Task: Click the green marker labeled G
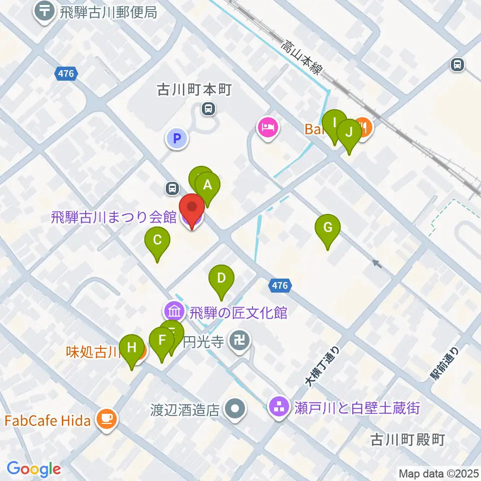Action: (x=328, y=228)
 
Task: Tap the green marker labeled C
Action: (x=157, y=240)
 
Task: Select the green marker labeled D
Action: (x=221, y=278)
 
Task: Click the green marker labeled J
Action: (x=349, y=133)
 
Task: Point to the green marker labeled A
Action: (x=207, y=185)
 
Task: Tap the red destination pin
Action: (x=191, y=207)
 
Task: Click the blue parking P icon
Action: (x=176, y=139)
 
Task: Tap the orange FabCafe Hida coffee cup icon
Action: (x=107, y=418)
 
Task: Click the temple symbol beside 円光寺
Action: (x=238, y=343)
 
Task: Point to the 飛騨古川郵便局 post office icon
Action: (x=45, y=12)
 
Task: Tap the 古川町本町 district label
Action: (x=186, y=90)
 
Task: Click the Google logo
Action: (x=34, y=469)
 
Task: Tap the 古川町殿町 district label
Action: (x=407, y=440)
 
